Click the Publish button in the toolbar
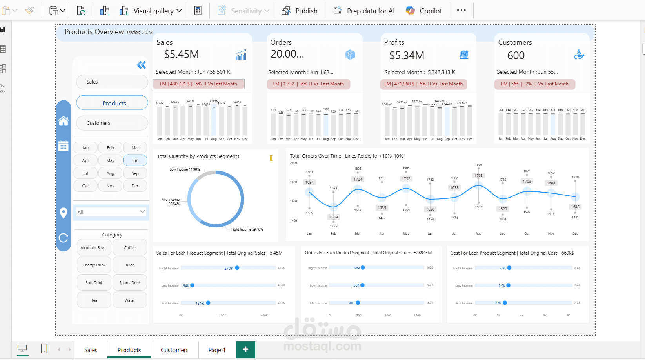(300, 11)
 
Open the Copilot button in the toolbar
(424, 11)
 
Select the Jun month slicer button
(135, 160)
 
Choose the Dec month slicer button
(135, 186)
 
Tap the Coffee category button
(130, 248)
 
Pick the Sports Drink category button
(130, 283)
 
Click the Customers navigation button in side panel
(112, 123)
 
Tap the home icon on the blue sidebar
(64, 121)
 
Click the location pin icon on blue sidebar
(64, 213)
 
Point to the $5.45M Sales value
(181, 55)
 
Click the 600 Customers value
(516, 56)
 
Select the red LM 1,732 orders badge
(309, 84)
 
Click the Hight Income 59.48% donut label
(247, 229)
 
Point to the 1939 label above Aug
(478, 165)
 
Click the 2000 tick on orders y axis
(293, 163)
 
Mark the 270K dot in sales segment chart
(237, 268)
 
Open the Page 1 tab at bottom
(217, 350)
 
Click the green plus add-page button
(245, 349)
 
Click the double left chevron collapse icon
(141, 65)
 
